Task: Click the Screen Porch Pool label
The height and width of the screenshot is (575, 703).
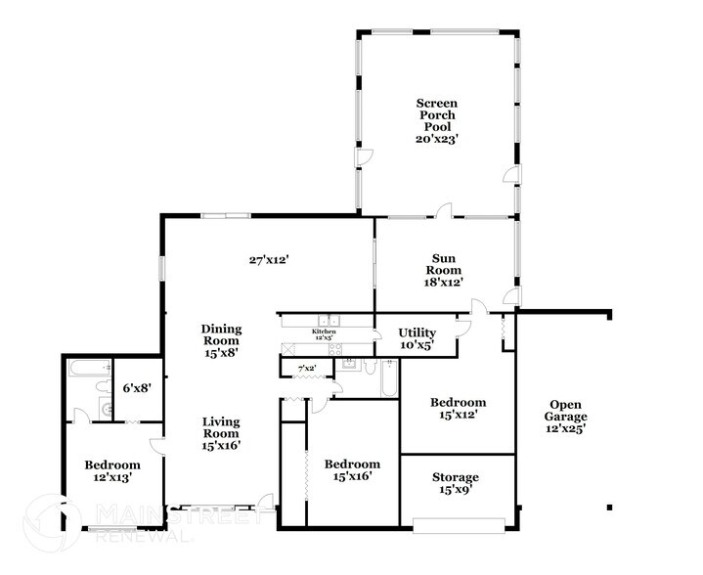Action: click(436, 121)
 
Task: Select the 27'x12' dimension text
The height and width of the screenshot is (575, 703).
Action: click(269, 260)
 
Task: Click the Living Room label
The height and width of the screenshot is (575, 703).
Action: click(221, 434)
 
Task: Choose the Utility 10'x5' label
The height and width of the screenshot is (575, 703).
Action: click(417, 339)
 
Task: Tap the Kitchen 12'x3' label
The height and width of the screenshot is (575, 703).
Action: click(324, 333)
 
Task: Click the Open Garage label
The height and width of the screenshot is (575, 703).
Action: click(565, 417)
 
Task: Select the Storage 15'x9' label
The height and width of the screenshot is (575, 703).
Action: click(456, 484)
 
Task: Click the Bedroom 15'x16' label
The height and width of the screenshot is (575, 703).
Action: click(352, 470)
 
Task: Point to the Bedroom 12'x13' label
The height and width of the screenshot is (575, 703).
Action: click(111, 471)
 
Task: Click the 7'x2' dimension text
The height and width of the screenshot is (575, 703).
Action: click(306, 369)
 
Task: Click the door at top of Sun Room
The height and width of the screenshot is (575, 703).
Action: click(443, 210)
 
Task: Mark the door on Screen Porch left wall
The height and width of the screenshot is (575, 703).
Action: click(362, 157)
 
